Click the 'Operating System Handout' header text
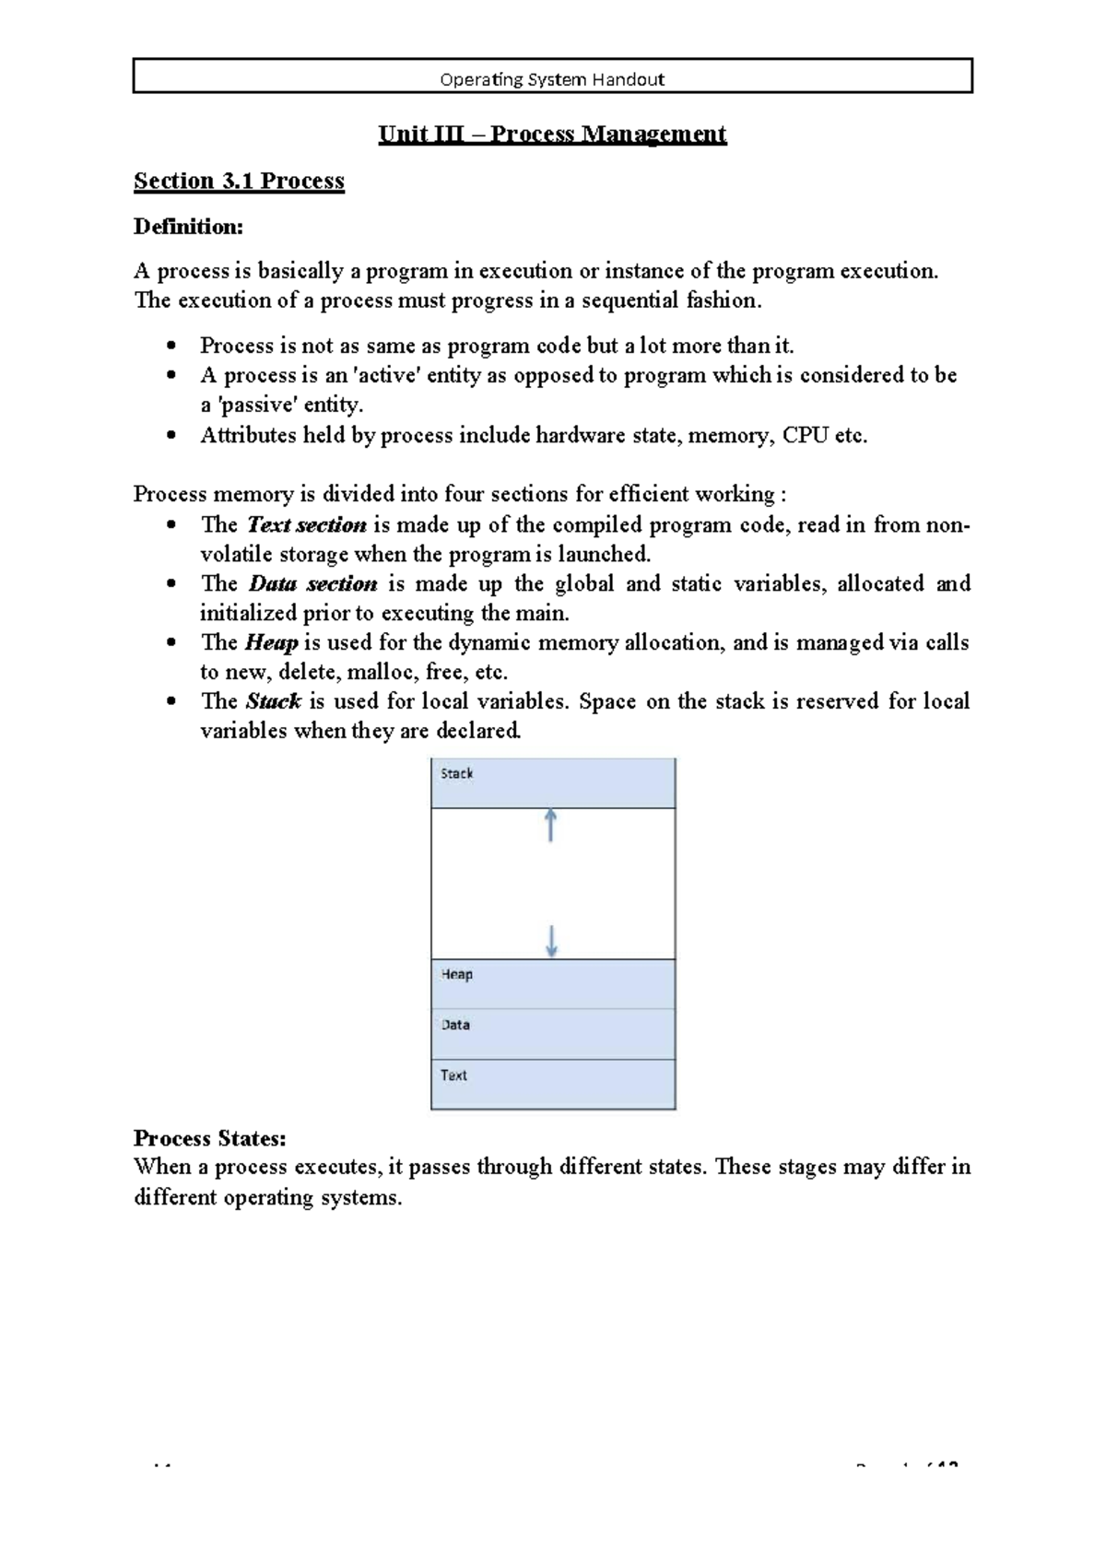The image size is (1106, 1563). coord(552,79)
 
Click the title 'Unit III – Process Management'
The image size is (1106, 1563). coord(552,135)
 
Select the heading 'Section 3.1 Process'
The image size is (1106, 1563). coord(239,181)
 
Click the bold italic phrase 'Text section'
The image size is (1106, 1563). coord(306,525)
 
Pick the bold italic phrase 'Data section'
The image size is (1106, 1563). coord(312,584)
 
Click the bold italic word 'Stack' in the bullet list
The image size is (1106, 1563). coord(273,702)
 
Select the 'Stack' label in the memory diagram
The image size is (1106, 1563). coord(456,774)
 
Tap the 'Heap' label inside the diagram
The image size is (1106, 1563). coord(456,975)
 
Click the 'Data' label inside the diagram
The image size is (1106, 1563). coord(455,1025)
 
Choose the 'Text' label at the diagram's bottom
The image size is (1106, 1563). coord(453,1075)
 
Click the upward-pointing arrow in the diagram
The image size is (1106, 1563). coord(550,825)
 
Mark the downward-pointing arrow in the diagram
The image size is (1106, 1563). coord(551,941)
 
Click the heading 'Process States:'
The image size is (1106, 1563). coord(209,1138)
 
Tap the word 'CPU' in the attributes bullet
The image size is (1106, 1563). coord(805,436)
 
